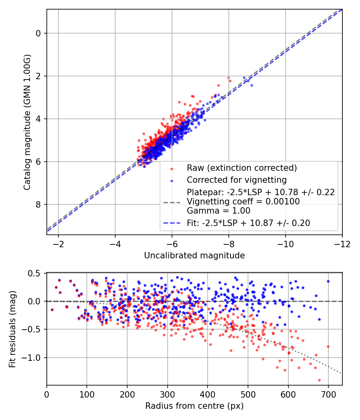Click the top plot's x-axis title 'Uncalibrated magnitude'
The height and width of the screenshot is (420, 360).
pyautogui.click(x=194, y=255)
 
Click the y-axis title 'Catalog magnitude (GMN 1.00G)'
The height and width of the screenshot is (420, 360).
pyautogui.click(x=27, y=122)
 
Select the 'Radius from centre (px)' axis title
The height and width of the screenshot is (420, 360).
pyautogui.click(x=194, y=406)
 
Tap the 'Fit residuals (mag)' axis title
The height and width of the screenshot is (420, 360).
pyautogui.click(x=12, y=329)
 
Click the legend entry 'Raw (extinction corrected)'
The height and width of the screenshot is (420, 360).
pyautogui.click(x=242, y=168)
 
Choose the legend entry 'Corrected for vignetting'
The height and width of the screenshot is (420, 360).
pyautogui.click(x=237, y=180)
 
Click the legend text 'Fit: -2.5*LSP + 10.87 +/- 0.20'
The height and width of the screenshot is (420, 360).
pyautogui.click(x=248, y=223)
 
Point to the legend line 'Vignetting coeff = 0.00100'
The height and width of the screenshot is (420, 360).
pyautogui.click(x=243, y=202)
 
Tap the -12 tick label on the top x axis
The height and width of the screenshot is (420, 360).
pyautogui.click(x=342, y=244)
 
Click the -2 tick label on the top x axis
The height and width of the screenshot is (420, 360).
pyautogui.click(x=58, y=244)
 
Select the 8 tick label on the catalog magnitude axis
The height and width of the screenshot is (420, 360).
pyautogui.click(x=38, y=205)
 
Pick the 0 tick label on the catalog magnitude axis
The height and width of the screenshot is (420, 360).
pyautogui.click(x=38, y=33)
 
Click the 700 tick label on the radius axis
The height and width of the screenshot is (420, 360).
pyautogui.click(x=328, y=394)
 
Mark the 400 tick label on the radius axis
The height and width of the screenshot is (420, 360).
pyautogui.click(x=207, y=394)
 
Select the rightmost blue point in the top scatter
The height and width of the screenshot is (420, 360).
pyautogui.click(x=252, y=85)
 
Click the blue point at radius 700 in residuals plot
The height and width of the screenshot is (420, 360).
pyautogui.click(x=328, y=281)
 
